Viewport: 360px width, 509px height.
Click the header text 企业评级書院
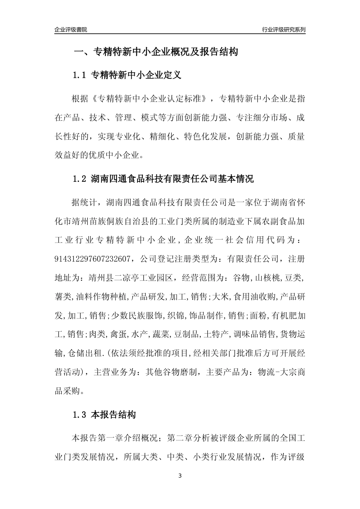70,30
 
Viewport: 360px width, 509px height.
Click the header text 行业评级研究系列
283,30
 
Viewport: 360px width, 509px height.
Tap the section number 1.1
80,75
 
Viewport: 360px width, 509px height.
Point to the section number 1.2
80,179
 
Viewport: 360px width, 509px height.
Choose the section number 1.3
80,415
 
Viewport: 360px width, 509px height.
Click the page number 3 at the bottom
180,476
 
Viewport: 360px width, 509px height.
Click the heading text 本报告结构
113,415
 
